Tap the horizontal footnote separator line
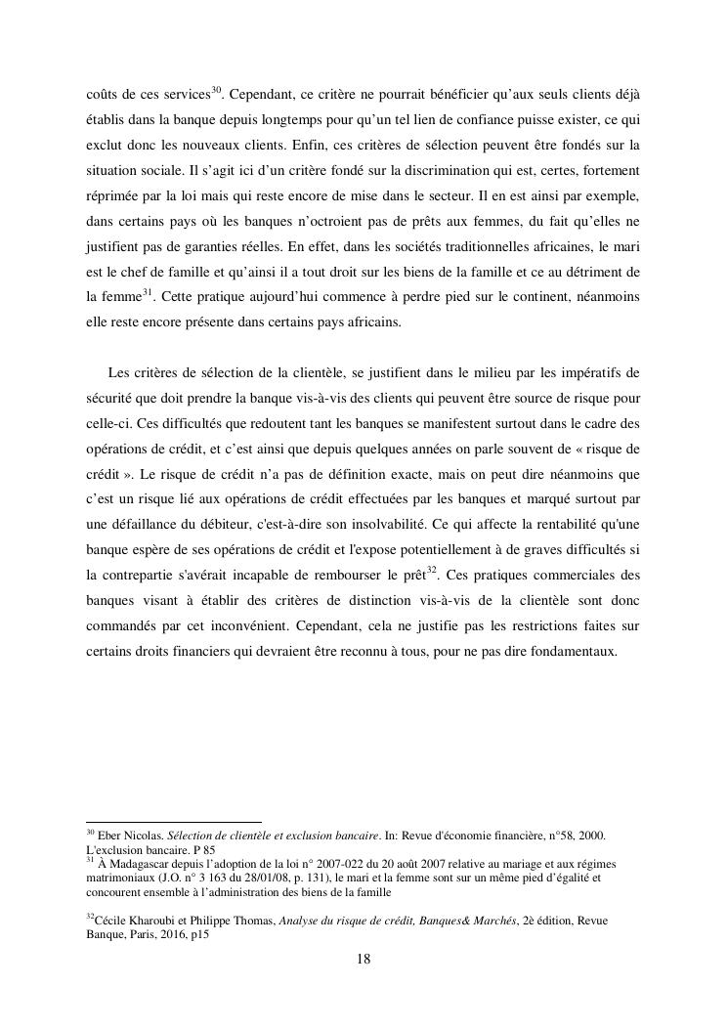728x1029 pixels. pyautogui.click(x=174, y=822)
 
